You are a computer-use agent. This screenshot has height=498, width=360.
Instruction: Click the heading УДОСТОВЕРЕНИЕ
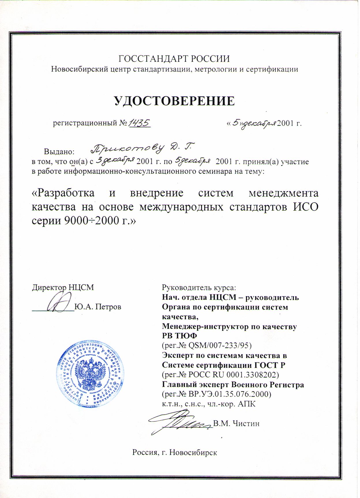pos(174,101)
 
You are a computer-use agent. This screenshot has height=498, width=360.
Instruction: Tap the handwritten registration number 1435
pos(140,124)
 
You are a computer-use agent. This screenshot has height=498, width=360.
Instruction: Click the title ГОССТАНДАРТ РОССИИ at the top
pos(174,59)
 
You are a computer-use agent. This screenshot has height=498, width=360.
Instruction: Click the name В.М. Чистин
pos(236,424)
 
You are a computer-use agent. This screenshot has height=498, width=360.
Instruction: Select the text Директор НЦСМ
pos(63,288)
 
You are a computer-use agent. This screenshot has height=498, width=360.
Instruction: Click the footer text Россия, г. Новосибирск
pos(174,452)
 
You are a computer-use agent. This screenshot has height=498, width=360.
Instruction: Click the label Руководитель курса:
pos(199,288)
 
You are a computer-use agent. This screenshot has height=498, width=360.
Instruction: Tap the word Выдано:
pos(59,151)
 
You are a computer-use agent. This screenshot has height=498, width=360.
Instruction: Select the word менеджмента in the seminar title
pos(283,193)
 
